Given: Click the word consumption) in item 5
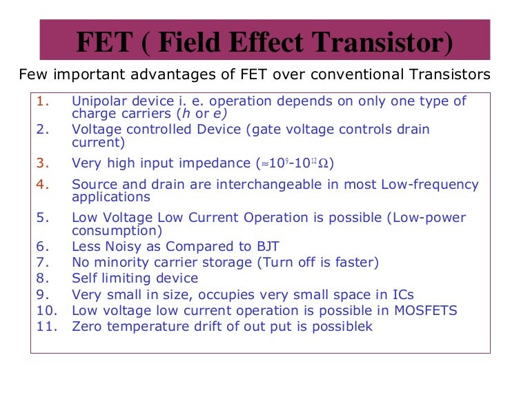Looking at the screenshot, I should [x=117, y=231].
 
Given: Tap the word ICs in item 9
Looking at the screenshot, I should [x=400, y=294].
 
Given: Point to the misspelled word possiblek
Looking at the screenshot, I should [x=342, y=327].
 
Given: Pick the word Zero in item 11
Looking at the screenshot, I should [x=87, y=327].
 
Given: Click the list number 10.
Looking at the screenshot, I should [x=45, y=311].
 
